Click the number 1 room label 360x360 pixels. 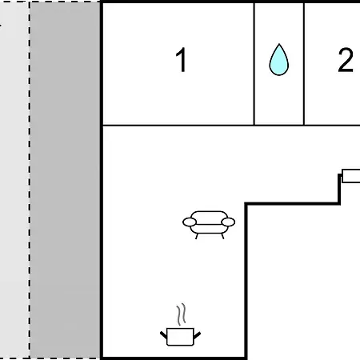[x=182, y=60]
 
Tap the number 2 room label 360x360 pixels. [x=346, y=60]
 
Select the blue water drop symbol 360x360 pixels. [x=279, y=60]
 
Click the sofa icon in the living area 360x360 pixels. [x=209, y=225]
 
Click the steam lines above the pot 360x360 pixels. [x=181, y=314]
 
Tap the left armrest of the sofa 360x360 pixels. [x=190, y=222]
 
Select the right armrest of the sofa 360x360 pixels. [x=228, y=222]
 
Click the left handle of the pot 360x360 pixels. [x=163, y=335]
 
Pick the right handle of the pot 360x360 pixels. [x=197, y=335]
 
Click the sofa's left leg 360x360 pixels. [x=197, y=236]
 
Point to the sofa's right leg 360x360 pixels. [x=222, y=236]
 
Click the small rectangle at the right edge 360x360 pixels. [x=351, y=176]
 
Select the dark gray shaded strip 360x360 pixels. [x=66, y=180]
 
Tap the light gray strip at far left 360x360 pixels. [x=14, y=180]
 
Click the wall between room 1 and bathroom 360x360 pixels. [x=254, y=63]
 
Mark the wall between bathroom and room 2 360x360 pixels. [x=304, y=63]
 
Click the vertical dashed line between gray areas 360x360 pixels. [x=30, y=180]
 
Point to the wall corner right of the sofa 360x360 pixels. [x=246, y=204]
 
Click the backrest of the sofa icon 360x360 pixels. [x=210, y=214]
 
